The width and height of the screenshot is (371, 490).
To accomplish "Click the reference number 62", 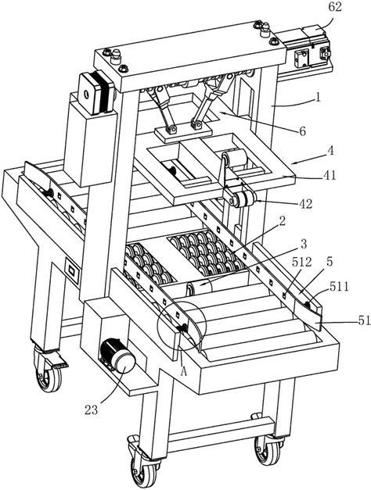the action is pyautogui.click(x=335, y=8).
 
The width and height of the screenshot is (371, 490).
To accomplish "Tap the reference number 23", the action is pyautogui.click(x=92, y=410).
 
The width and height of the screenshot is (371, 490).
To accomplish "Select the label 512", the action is pyautogui.click(x=302, y=262).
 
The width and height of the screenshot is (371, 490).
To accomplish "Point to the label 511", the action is pyautogui.click(x=338, y=286).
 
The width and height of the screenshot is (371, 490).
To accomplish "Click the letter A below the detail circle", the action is pyautogui.click(x=184, y=371).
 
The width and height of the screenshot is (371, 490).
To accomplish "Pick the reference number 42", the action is pyautogui.click(x=305, y=204).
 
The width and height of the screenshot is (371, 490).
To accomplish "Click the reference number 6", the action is pyautogui.click(x=302, y=131).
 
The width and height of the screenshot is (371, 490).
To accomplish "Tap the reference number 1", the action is pyautogui.click(x=318, y=98).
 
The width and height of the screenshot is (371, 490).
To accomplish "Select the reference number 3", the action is pyautogui.click(x=304, y=244).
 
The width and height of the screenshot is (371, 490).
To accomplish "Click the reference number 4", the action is pyautogui.click(x=330, y=152).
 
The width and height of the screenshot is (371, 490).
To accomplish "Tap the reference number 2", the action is pyautogui.click(x=282, y=221).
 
